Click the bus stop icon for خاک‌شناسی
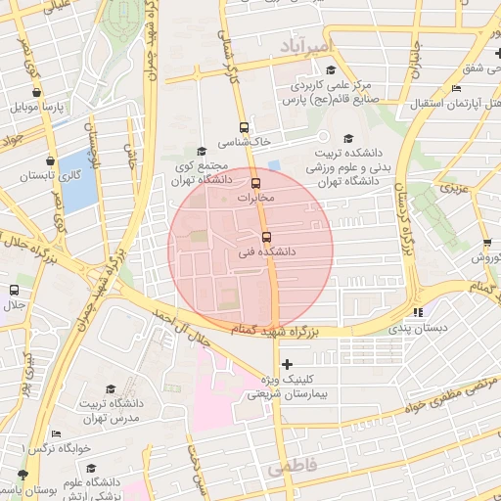tap(244, 127)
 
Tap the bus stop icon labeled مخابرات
tap(256, 183)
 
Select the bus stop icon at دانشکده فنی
tap(266, 237)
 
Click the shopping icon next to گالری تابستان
tap(49, 160)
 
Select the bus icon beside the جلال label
tap(14, 290)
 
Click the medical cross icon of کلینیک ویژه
tap(286, 364)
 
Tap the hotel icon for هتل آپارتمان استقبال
tap(456, 89)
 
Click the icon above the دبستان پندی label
tap(420, 312)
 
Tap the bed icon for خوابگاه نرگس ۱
tap(56, 433)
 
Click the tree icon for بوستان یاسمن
tap(22, 475)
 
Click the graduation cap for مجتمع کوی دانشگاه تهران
tap(202, 151)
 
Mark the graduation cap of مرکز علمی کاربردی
tap(330, 70)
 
